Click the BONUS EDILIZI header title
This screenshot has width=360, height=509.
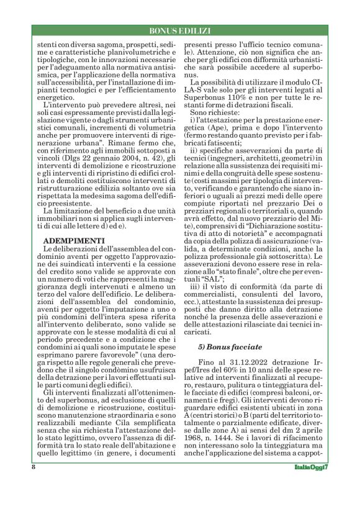click(x=180, y=30)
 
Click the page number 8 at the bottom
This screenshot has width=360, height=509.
click(x=33, y=485)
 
